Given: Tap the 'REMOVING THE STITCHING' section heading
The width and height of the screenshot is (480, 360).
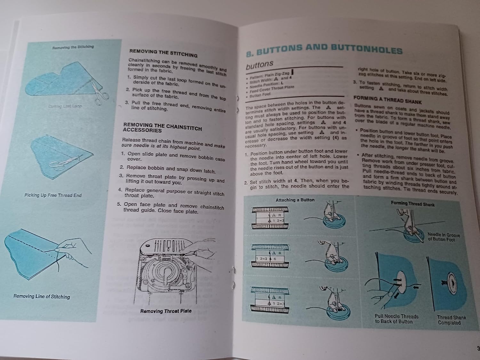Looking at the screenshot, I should pyautogui.click(x=163, y=53).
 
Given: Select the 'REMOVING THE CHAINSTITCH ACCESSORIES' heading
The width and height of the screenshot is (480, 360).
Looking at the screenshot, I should pyautogui.click(x=162, y=128).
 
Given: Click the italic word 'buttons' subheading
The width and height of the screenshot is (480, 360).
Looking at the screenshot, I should pyautogui.click(x=259, y=65).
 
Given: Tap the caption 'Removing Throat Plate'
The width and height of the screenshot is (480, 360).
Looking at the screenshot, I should pyautogui.click(x=166, y=311).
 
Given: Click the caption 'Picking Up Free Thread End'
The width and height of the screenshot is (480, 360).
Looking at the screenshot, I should pyautogui.click(x=53, y=195).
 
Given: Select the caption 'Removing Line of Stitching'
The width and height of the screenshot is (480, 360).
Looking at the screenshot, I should pyautogui.click(x=42, y=297).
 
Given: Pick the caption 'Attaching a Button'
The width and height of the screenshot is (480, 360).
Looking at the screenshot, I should pyautogui.click(x=295, y=200).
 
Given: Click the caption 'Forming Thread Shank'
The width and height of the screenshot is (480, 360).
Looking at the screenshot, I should pyautogui.click(x=412, y=204).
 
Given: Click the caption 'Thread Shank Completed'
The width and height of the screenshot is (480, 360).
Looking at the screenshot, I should pyautogui.click(x=451, y=320).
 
